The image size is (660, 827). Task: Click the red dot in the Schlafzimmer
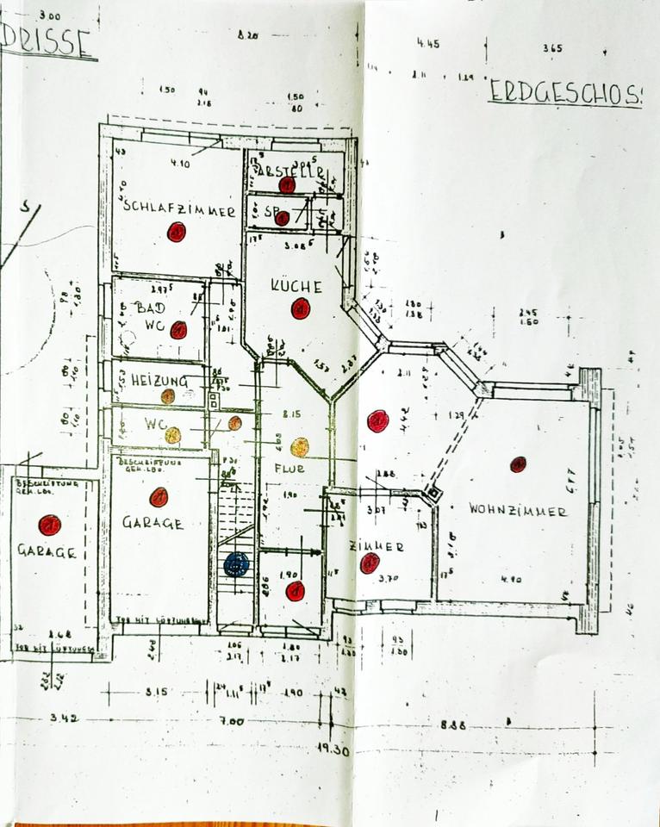[x=177, y=232]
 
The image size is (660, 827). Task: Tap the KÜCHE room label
[x=296, y=287]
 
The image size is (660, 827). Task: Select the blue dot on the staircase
[x=236, y=565]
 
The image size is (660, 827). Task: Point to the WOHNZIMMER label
[x=518, y=510]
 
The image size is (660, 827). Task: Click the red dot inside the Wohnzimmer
[x=518, y=464]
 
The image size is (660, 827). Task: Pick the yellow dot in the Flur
[x=300, y=447]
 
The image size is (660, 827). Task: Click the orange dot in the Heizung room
[x=168, y=396]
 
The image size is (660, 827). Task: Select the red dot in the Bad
[x=178, y=330]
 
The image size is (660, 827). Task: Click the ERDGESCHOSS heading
[x=565, y=93]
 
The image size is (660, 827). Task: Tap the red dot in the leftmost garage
[x=49, y=525]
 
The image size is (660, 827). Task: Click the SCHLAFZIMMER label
[x=179, y=208]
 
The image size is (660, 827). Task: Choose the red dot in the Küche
[x=300, y=308]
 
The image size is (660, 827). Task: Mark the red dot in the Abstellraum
[x=287, y=183]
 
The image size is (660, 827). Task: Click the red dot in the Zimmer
[x=370, y=563]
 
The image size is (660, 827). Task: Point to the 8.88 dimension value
[x=452, y=725]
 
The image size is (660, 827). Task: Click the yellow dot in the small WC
[x=173, y=435]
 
